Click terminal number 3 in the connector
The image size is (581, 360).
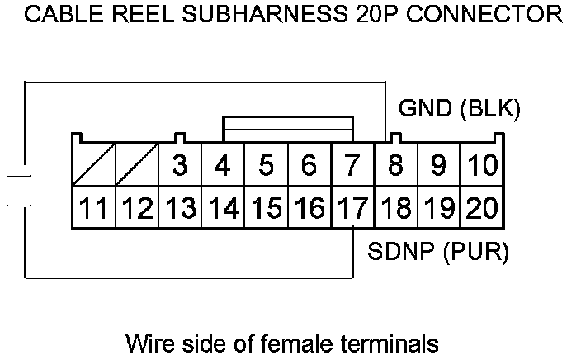coord(180,166)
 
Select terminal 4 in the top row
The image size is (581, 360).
coord(223,166)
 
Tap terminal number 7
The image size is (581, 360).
coord(352,166)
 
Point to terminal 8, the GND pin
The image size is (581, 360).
coord(395,166)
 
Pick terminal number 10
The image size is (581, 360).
coord(481,166)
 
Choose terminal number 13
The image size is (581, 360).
coord(180,208)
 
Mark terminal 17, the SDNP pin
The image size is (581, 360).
coord(352,208)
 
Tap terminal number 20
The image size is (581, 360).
coord(481,208)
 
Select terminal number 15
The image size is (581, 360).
coord(266,208)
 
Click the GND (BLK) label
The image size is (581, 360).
coord(460,109)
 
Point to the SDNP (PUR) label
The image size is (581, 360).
coord(438,250)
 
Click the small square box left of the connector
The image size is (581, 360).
coord(17,190)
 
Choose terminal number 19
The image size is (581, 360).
coord(438,208)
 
